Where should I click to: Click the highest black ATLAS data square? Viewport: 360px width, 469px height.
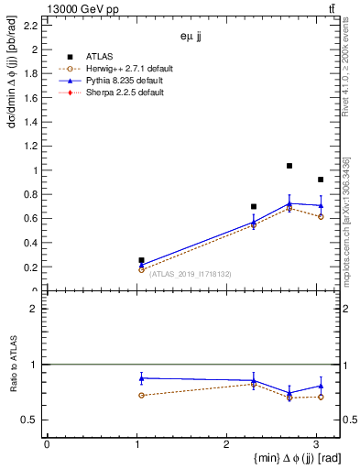pos(289,166)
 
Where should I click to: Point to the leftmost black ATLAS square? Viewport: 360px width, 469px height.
pos(141,260)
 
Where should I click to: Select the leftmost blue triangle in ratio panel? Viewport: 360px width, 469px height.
pos(141,377)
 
